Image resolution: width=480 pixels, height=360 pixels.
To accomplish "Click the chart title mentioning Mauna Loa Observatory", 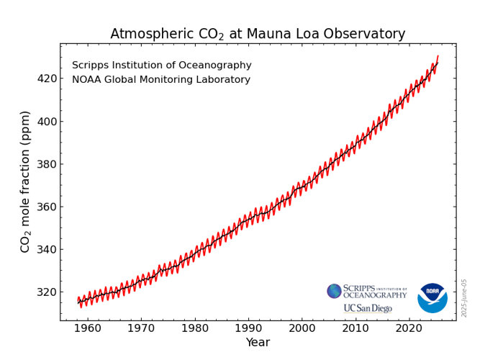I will pos(258,34).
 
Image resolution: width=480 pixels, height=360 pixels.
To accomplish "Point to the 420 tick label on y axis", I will pos(47,78).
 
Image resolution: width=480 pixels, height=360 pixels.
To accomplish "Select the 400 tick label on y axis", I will pos(47,121).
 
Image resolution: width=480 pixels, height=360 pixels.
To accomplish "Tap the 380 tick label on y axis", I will pos(47,164).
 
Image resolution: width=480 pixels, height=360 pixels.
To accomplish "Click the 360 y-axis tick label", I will pos(47,207).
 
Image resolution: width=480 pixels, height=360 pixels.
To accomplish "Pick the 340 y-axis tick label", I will pos(47,250).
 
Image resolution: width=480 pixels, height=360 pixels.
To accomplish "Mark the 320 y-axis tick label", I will pos(47,292).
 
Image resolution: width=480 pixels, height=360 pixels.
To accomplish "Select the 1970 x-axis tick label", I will pos(142,328).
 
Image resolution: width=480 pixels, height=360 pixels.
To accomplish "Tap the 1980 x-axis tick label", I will pos(195,328).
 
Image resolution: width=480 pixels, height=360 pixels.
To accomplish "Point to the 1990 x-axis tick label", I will pos(249,328).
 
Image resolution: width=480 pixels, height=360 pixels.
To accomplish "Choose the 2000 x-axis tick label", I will pos(302,328).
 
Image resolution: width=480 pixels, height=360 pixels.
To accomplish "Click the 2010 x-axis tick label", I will pos(356,328).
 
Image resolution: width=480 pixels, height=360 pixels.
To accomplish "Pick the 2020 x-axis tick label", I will pos(409,328).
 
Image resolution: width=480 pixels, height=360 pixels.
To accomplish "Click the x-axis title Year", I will pos(258,343).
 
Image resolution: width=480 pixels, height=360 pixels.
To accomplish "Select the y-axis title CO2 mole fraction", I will pos(26,181).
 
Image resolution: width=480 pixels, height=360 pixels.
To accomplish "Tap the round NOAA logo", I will pos(433,298).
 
